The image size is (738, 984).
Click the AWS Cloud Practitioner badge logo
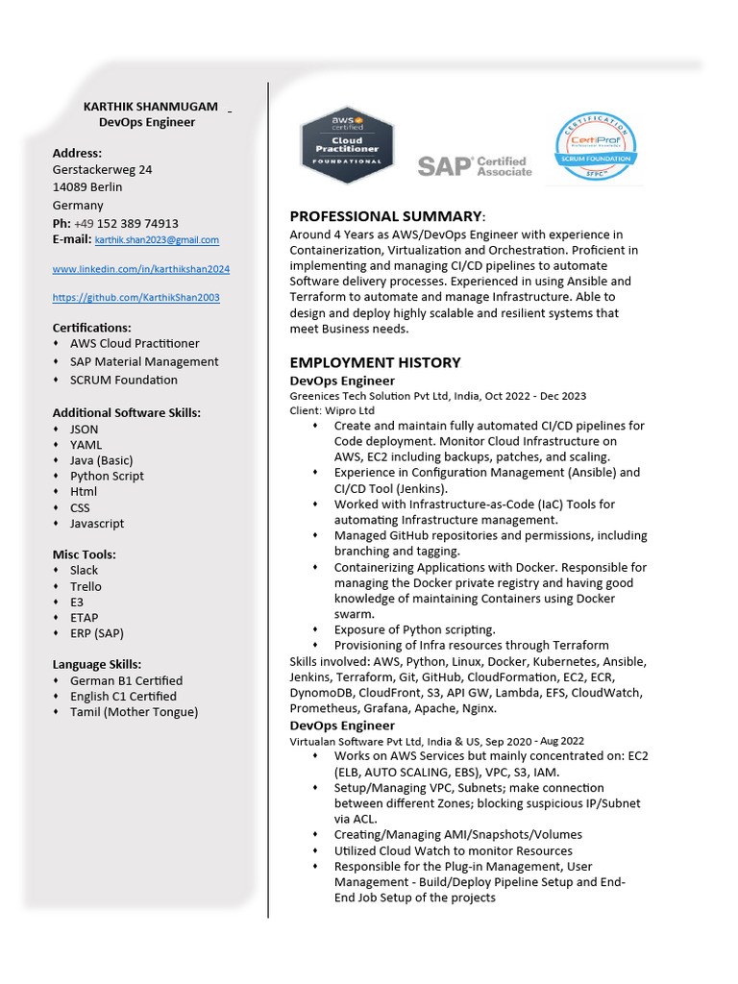pyautogui.click(x=347, y=145)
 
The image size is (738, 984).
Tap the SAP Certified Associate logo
pyautogui.click(x=474, y=166)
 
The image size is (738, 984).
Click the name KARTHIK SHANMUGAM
pyautogui.click(x=151, y=106)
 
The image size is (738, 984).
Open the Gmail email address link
pyautogui.click(x=157, y=239)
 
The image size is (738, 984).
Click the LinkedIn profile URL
pyautogui.click(x=140, y=269)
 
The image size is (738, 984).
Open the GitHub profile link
pyautogui.click(x=135, y=298)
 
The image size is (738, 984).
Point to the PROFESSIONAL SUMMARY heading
pyautogui.click(x=385, y=216)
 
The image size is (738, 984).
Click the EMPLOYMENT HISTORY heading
pyautogui.click(x=375, y=362)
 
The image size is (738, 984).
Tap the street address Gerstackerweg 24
pyautogui.click(x=102, y=169)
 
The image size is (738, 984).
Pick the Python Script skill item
pyautogui.click(x=107, y=476)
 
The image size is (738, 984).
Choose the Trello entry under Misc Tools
pyautogui.click(x=86, y=586)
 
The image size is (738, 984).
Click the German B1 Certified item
pyautogui.click(x=126, y=680)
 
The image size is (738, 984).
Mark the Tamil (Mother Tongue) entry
pyautogui.click(x=134, y=712)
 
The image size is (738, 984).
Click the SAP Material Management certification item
pyautogui.click(x=144, y=361)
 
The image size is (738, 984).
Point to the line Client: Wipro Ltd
pyautogui.click(x=332, y=410)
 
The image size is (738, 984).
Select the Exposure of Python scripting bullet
pyautogui.click(x=414, y=629)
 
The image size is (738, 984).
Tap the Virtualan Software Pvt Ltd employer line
pyautogui.click(x=436, y=741)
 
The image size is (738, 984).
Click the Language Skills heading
pyautogui.click(x=97, y=664)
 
